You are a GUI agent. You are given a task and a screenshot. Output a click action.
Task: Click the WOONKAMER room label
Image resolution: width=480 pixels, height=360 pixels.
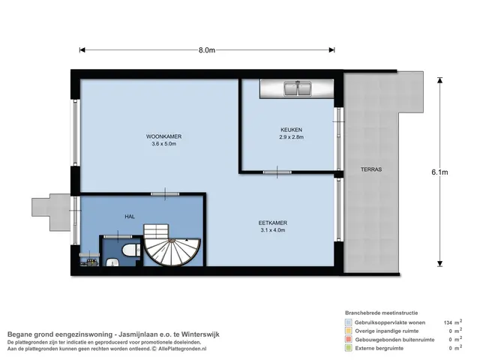coord(163,136)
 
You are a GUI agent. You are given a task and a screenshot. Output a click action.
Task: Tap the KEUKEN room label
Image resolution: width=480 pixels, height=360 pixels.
coord(292,130)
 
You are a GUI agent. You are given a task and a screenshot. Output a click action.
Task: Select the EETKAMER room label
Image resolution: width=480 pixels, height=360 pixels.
coord(273,223)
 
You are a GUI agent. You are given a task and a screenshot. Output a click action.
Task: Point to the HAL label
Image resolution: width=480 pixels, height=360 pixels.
coord(130,217)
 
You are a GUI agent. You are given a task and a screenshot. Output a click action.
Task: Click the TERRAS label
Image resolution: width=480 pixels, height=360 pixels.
coord(371,169)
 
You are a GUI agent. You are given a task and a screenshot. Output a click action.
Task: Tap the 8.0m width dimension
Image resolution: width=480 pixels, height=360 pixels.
coord(207,50)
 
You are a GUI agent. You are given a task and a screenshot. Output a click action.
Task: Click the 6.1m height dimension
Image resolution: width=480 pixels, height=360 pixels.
coord(439,172)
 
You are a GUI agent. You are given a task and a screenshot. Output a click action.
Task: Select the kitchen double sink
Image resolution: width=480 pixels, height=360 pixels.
coord(298,88)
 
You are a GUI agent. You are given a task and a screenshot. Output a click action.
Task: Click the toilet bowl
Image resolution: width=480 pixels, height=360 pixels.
coord(130,250)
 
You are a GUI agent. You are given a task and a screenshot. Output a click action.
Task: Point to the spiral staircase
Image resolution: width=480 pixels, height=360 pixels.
coord(172,245)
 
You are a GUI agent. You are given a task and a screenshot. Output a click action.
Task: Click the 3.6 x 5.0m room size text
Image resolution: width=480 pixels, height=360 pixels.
coord(163,144)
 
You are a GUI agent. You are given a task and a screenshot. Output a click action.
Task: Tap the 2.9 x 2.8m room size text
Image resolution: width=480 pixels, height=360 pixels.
coord(292,137)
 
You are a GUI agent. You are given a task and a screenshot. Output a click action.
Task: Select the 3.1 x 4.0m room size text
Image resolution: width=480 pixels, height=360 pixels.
coord(273,230)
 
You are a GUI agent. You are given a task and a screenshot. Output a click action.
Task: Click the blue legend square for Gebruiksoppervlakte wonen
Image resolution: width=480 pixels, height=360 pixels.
coord(348,322)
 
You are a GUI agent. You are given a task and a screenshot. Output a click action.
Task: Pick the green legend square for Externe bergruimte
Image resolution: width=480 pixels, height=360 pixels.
coord(348,348)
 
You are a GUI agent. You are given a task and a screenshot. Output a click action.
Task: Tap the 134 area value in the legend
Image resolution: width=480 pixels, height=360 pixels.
coord(448,322)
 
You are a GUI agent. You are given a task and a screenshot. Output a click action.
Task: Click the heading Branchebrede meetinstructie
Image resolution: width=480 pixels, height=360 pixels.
coord(382,313)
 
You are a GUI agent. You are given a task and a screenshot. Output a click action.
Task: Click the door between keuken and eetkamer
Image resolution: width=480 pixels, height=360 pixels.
coord(277,172)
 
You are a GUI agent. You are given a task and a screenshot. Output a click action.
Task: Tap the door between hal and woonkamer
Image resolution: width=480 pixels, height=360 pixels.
coord(165,193)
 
